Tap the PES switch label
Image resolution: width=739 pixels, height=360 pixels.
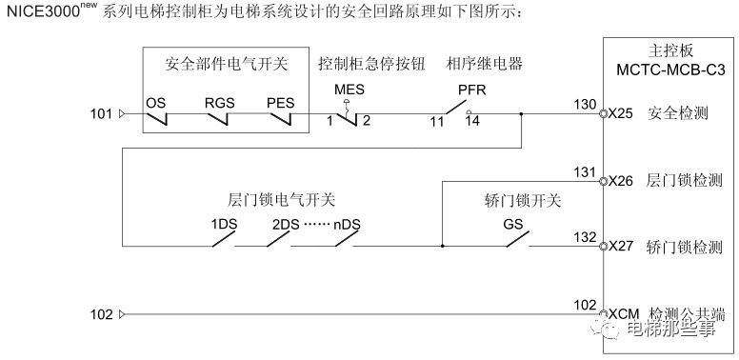coord(280,100)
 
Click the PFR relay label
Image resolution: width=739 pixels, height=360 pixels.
coord(471,90)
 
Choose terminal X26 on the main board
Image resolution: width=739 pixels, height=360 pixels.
coord(621,180)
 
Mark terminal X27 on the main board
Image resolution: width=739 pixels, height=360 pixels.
coord(621,247)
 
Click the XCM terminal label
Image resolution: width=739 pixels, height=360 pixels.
coord(624,314)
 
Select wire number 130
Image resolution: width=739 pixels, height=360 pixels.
coord(586,103)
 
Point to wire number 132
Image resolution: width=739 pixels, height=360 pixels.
coord(586,236)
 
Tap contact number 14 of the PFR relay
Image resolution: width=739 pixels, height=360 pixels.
coord(472,122)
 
